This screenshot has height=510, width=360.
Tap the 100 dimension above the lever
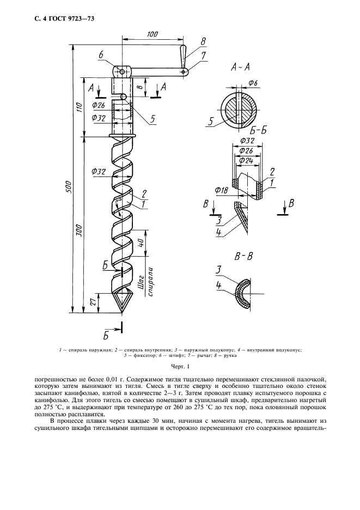152,34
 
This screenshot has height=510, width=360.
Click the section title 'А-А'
240,68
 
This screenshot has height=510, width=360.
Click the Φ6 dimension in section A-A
253,83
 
